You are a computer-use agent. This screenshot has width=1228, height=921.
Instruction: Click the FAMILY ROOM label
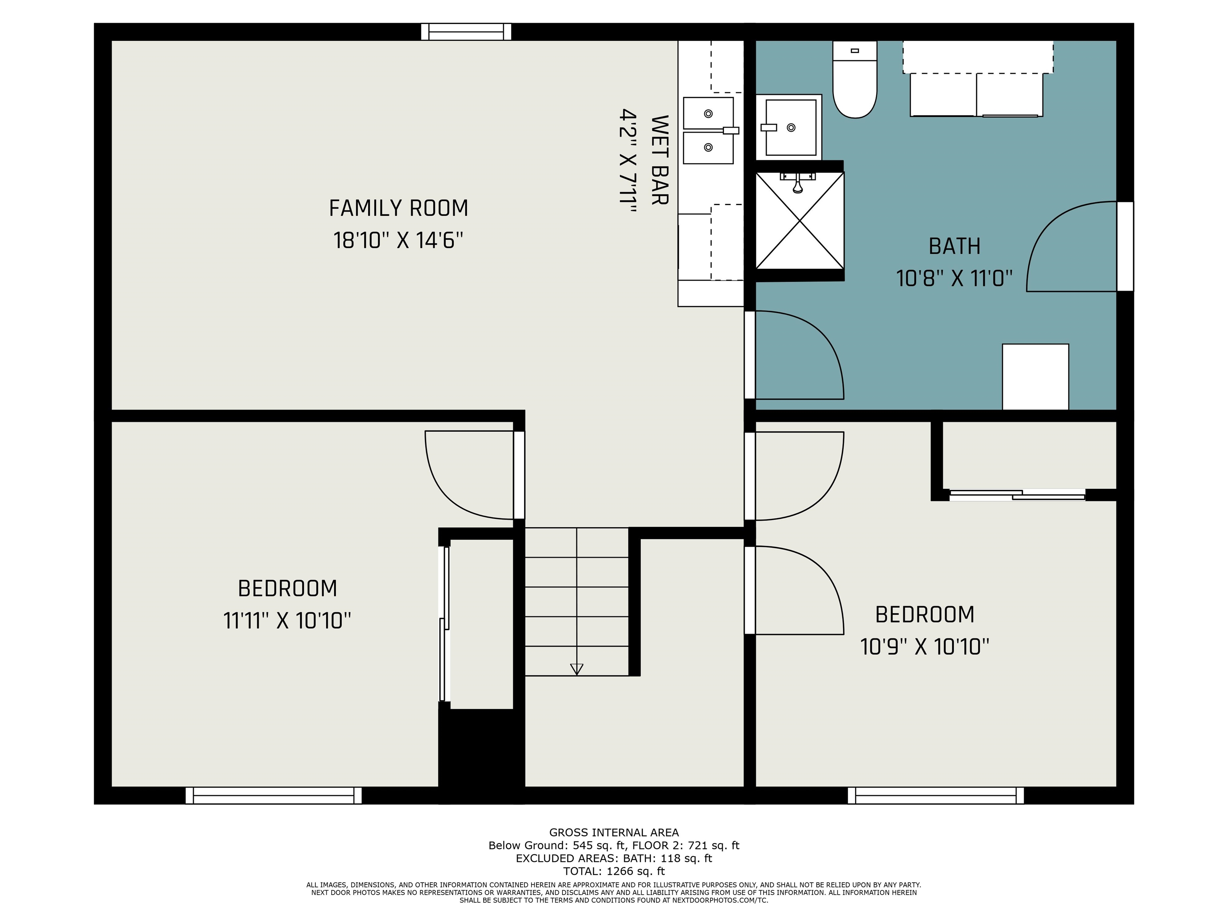coord(399,208)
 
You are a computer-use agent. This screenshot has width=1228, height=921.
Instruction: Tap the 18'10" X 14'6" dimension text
coord(398,240)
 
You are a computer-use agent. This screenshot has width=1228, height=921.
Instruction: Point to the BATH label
coord(954,246)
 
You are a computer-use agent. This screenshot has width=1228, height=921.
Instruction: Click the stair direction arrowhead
coord(576,669)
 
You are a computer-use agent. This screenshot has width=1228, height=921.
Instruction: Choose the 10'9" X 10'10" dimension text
coord(924,647)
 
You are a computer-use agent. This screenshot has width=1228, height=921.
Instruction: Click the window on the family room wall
coord(466,32)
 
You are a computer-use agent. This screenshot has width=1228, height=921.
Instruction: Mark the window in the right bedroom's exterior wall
coord(935,795)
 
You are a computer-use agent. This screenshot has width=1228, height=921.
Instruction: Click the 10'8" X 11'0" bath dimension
coord(954,278)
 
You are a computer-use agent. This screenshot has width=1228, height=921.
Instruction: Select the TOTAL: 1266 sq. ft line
coord(614,871)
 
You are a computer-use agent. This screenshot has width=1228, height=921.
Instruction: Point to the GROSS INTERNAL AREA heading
coord(614,832)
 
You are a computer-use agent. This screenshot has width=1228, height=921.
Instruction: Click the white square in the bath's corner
coord(1035,377)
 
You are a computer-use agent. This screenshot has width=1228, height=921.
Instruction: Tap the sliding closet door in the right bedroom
coord(1018,494)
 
